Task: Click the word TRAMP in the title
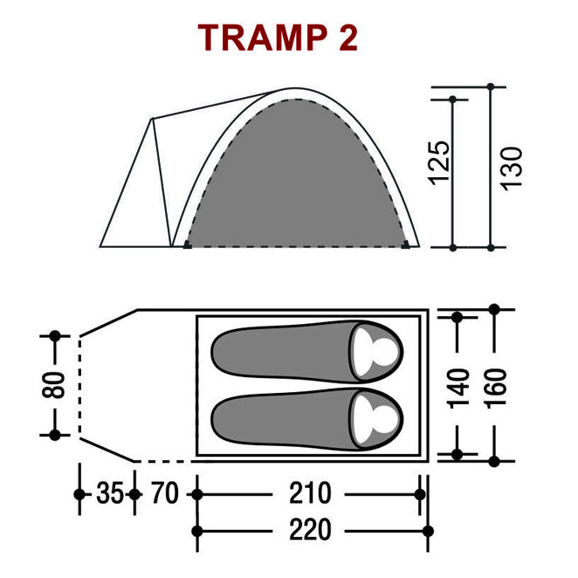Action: (x=263, y=38)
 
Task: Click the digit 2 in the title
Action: (x=348, y=38)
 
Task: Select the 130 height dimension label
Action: (x=512, y=169)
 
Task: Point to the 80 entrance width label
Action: (x=53, y=385)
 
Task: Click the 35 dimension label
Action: (x=109, y=493)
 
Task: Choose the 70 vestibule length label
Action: (x=165, y=493)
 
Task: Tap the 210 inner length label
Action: (x=310, y=493)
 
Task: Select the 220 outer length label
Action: (x=310, y=530)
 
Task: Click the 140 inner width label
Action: (x=458, y=389)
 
